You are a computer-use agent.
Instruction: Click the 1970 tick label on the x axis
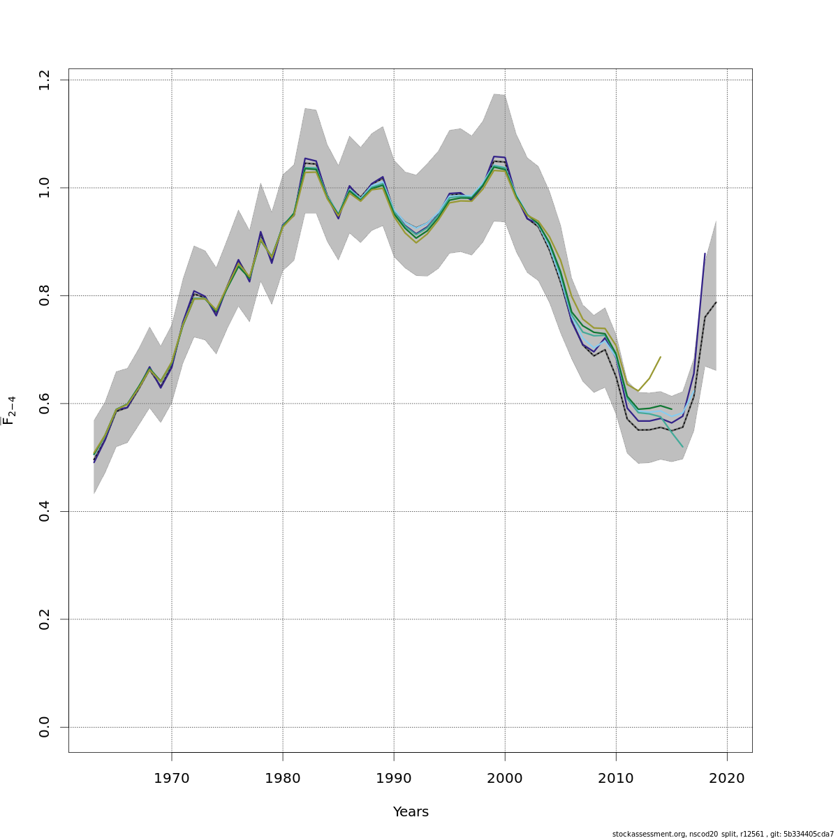(x=172, y=778)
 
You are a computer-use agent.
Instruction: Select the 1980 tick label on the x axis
(x=283, y=778)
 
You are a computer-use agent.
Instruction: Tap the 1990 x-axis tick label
(x=394, y=778)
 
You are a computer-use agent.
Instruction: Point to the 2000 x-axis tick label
(x=505, y=778)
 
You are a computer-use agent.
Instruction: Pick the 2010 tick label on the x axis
(x=616, y=778)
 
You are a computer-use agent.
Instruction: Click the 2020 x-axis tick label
(x=727, y=778)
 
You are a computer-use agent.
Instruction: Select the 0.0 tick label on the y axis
(x=45, y=727)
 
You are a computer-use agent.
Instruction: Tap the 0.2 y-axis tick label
(x=45, y=619)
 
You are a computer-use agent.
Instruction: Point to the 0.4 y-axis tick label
(x=45, y=511)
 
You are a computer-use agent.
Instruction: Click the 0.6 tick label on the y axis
(x=45, y=404)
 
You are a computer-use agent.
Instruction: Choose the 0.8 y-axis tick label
(x=45, y=295)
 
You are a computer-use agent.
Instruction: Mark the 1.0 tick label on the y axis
(x=45, y=188)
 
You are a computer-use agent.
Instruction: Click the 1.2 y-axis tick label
(x=45, y=80)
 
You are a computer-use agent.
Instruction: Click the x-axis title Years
(x=411, y=812)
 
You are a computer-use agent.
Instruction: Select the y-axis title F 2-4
(x=9, y=411)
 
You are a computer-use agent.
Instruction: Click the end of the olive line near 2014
(x=661, y=357)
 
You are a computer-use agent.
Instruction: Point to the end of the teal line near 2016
(x=683, y=447)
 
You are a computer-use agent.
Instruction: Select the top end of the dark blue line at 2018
(x=705, y=253)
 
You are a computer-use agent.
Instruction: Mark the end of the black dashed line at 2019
(x=716, y=302)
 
